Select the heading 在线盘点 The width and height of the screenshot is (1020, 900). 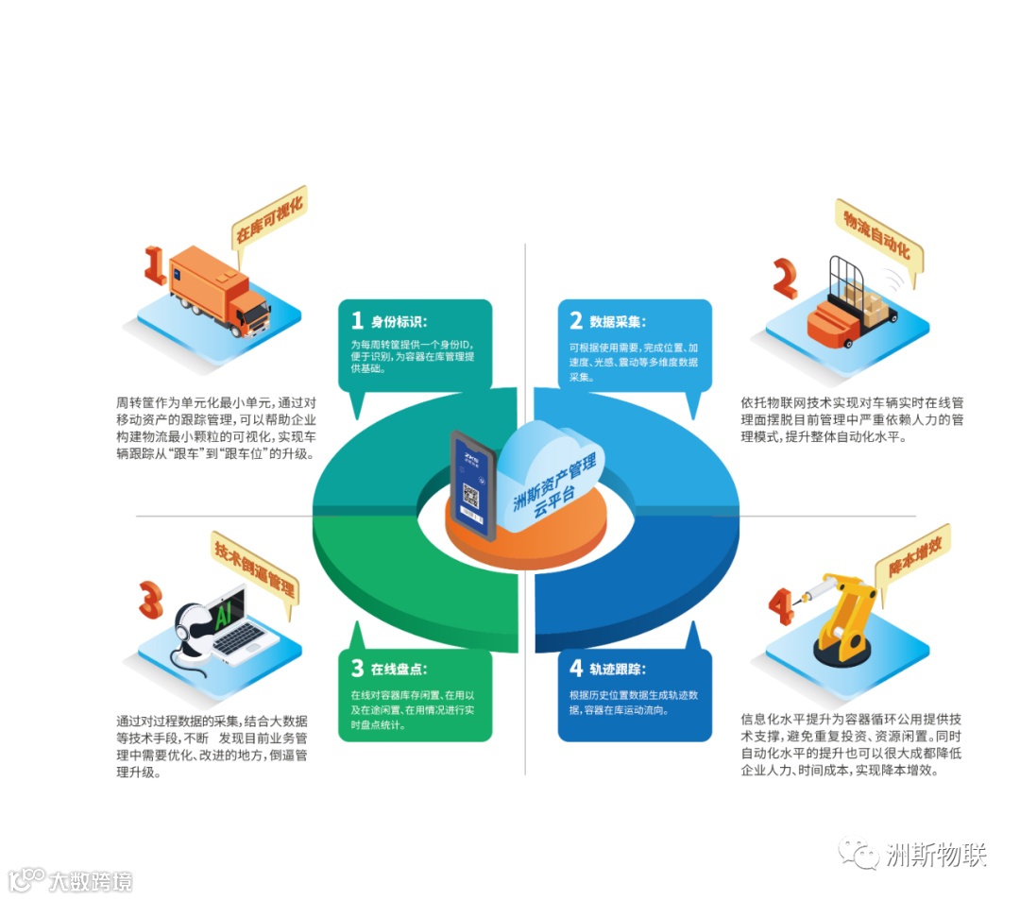pyautogui.click(x=399, y=669)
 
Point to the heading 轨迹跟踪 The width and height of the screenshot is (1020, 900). pyautogui.click(x=617, y=669)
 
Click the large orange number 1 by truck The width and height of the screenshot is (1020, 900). pyautogui.click(x=153, y=265)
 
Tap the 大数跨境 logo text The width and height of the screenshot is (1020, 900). pyautogui.click(x=90, y=881)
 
